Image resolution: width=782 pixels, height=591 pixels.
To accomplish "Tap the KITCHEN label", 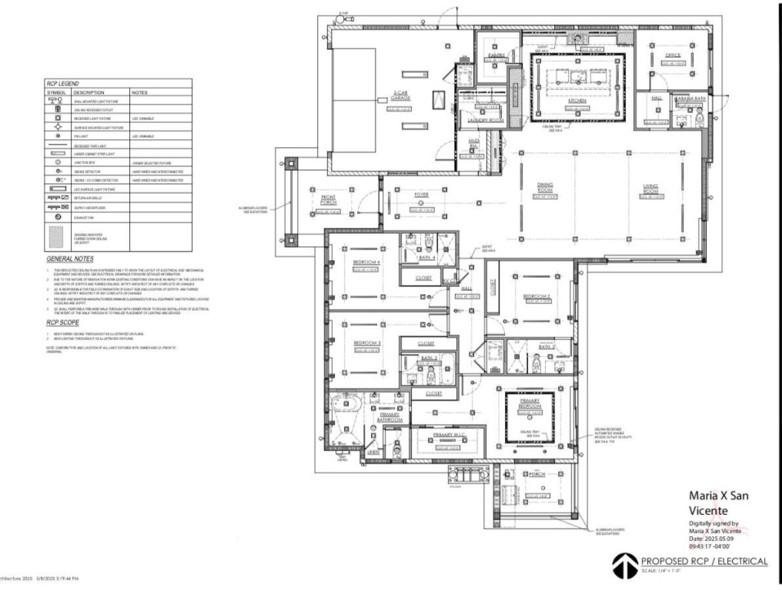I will pos(577,101).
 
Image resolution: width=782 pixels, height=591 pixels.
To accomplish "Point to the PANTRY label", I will pos(496,56).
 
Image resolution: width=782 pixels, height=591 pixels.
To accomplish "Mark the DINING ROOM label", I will pos(546,187).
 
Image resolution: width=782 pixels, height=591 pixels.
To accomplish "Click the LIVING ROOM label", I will pos(653,187).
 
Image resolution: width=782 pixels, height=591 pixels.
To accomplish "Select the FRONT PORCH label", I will pos(329,200).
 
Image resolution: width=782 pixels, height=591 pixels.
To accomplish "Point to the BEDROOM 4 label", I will pos(367,262).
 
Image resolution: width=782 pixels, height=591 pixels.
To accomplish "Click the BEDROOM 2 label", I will pos(537,296).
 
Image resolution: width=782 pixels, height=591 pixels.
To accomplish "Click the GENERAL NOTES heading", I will pos(70,259).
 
